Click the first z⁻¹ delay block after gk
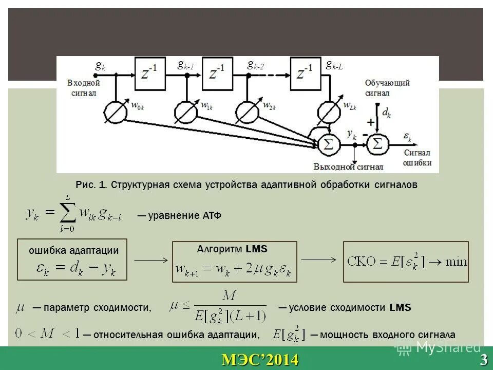(x=149, y=73)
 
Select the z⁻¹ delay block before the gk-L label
(x=305, y=73)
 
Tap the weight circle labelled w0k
(x=116, y=111)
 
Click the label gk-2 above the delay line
(x=255, y=65)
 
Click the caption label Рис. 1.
(x=91, y=184)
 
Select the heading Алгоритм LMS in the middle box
(x=232, y=249)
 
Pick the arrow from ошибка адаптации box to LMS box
(x=151, y=261)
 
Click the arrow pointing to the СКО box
(x=318, y=260)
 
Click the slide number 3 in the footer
(x=484, y=360)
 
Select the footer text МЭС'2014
(x=260, y=360)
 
